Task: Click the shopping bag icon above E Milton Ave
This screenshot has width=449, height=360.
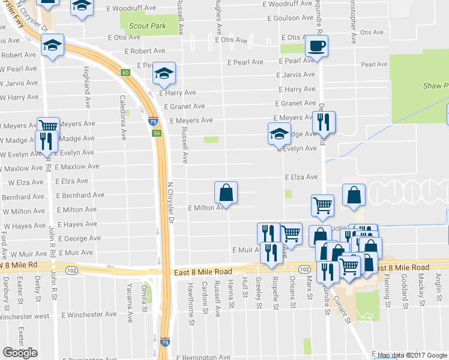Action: [226, 193]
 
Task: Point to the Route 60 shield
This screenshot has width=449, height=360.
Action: [125, 73]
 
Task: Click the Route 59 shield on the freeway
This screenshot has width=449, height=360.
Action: [155, 133]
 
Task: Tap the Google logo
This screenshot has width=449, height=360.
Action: [20, 353]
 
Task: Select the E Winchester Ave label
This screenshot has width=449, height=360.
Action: [89, 314]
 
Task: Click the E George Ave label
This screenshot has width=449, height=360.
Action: [79, 238]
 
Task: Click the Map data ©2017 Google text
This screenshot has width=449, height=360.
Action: [411, 355]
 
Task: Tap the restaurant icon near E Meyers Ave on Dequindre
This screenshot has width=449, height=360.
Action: [324, 122]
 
